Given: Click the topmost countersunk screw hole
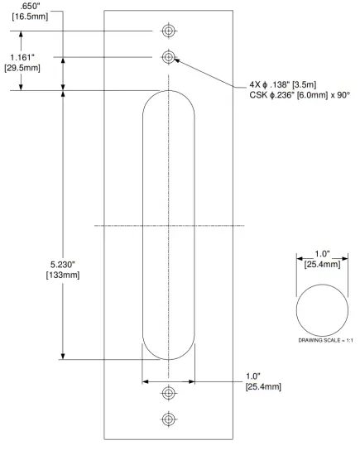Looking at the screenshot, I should coord(169,31).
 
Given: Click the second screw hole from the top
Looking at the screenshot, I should coord(169,57).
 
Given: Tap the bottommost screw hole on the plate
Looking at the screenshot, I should coord(169,419).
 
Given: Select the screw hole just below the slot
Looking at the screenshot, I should coord(169,392).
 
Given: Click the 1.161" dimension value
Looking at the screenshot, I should coord(22,57).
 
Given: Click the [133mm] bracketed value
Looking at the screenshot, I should coord(64,276).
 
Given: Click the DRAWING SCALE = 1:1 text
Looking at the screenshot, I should coord(322,341).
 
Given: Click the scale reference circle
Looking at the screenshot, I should coord(322,310).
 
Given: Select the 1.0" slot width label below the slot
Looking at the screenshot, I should coord(256,376).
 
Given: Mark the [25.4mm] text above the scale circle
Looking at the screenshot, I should coord(322,264).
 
